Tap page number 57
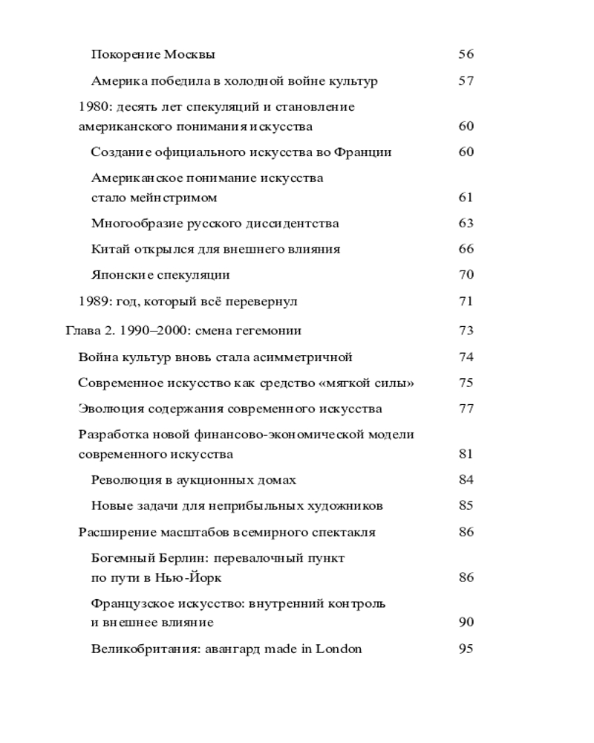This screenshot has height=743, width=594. [x=466, y=81]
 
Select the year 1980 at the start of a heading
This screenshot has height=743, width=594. [x=92, y=107]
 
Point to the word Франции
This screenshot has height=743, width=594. [x=363, y=152]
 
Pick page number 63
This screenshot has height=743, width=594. [x=466, y=224]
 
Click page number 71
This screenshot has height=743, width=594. [x=466, y=302]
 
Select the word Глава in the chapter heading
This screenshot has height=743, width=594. [x=83, y=331]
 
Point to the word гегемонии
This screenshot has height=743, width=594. [x=270, y=331]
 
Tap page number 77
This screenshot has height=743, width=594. [x=466, y=409]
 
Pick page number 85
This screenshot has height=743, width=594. [x=466, y=506]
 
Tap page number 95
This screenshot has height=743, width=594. [x=466, y=649]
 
